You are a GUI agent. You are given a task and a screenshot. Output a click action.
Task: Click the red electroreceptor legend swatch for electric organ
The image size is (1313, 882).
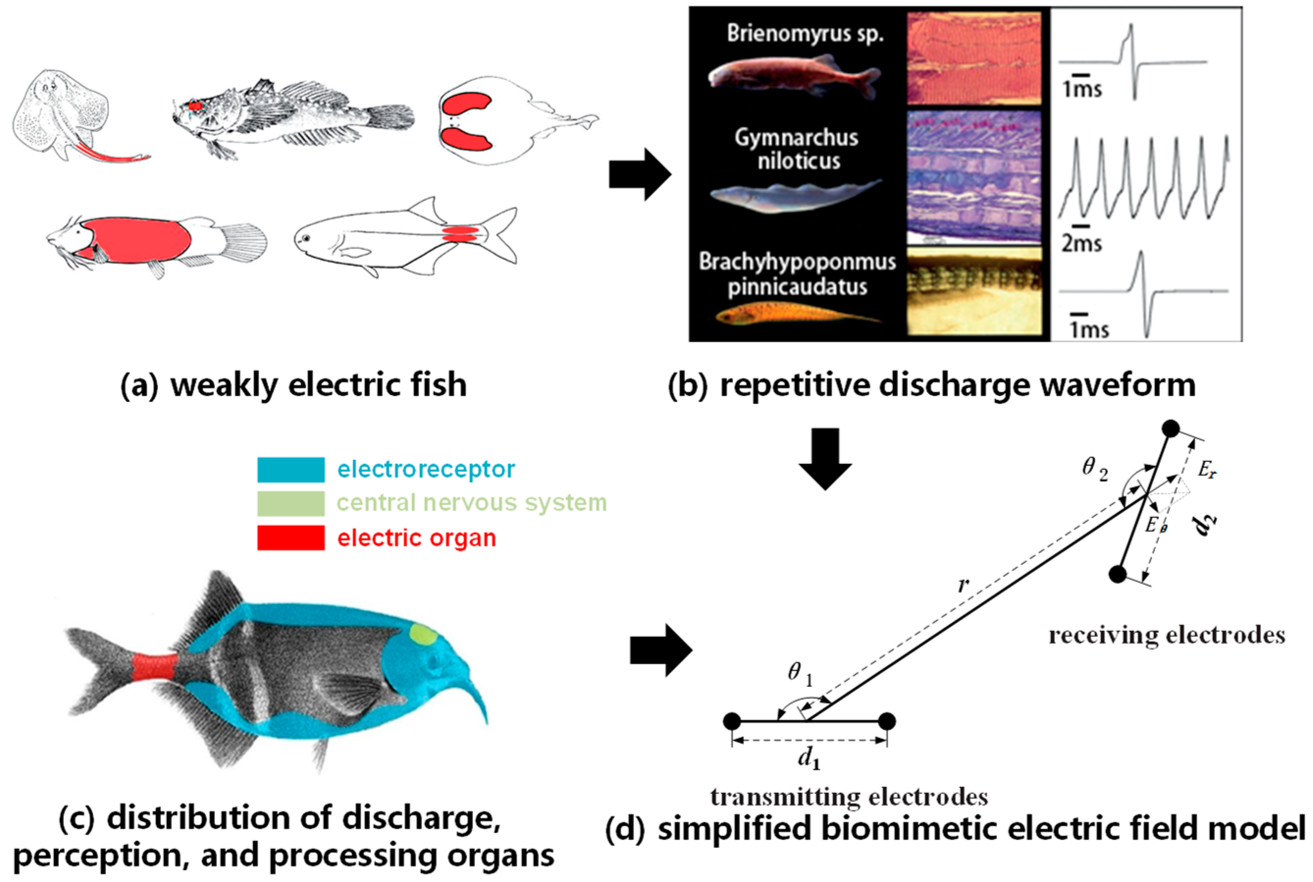[290, 538]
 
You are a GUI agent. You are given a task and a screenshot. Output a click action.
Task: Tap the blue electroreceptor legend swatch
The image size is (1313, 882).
[290, 470]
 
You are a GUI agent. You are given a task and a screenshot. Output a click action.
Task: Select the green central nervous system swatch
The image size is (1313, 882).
[290, 504]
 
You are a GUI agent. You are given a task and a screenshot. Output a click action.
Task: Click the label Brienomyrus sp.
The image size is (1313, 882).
[805, 34]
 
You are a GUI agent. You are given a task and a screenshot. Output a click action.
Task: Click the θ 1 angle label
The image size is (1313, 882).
[799, 674]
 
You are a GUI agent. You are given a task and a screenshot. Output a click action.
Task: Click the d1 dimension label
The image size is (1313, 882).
[809, 759]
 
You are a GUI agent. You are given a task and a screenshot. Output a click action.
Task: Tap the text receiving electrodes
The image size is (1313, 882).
[1167, 635]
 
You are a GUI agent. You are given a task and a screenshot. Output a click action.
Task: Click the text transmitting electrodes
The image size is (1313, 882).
[849, 797]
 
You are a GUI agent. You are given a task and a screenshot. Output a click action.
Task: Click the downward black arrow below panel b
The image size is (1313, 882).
[825, 458]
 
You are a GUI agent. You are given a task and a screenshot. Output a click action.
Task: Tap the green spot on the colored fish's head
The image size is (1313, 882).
[423, 633]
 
